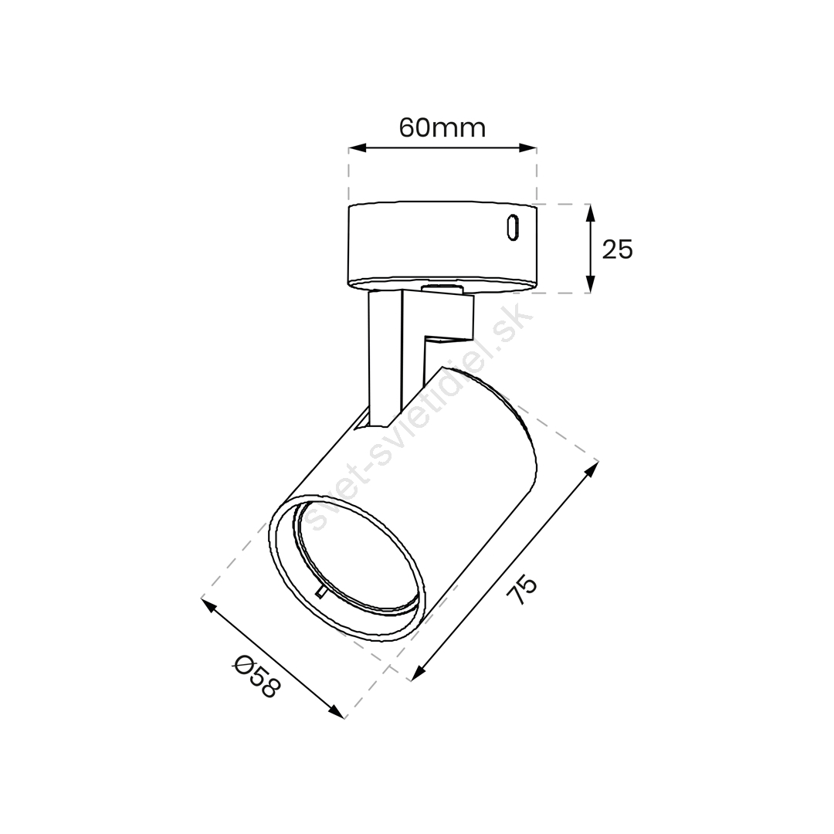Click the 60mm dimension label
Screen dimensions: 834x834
pos(442,128)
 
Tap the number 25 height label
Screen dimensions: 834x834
pos(618,249)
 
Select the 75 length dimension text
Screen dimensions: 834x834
pos(522,589)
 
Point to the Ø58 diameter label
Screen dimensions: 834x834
pos(256,677)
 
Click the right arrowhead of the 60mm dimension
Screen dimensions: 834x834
pos(527,147)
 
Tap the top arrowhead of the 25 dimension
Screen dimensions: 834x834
pos(589,213)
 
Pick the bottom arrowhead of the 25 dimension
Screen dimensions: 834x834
pos(589,283)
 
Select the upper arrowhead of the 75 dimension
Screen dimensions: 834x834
pos(592,470)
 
